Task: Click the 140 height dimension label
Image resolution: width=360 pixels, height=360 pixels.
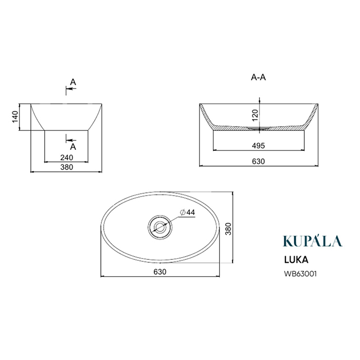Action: point(15,117)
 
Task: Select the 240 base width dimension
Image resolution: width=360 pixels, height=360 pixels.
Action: point(66,157)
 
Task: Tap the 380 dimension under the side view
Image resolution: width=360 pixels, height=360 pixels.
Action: point(66,167)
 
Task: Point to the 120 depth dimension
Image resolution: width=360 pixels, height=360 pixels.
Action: point(255,116)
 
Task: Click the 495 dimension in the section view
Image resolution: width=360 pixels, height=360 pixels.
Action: point(258,146)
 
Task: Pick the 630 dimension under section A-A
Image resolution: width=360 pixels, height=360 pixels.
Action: point(258,161)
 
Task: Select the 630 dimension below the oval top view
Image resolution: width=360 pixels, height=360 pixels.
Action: point(160,272)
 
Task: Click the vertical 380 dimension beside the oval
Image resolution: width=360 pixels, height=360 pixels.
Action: point(228,229)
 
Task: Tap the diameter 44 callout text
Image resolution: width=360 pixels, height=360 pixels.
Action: point(188,212)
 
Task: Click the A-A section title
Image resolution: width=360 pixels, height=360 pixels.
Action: point(258,77)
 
